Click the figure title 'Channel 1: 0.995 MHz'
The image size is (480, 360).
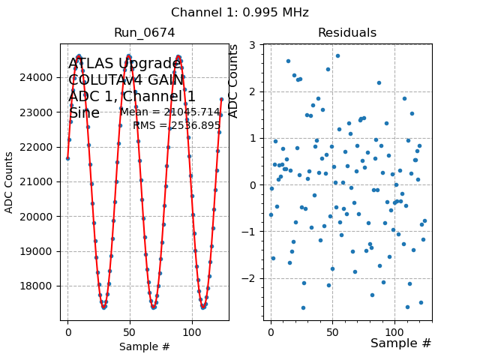[240, 13]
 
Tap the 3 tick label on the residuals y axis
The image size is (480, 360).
[254, 45]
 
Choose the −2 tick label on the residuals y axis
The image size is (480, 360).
[251, 278]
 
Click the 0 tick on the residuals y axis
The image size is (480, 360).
[254, 184]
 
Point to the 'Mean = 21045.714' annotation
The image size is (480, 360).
[170, 112]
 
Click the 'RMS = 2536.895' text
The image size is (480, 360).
[176, 125]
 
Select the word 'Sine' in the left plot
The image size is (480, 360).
[84, 113]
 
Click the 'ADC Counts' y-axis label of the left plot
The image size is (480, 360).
[10, 181]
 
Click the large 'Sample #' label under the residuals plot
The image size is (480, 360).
[400, 343]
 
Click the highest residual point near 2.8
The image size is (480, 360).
[337, 55]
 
